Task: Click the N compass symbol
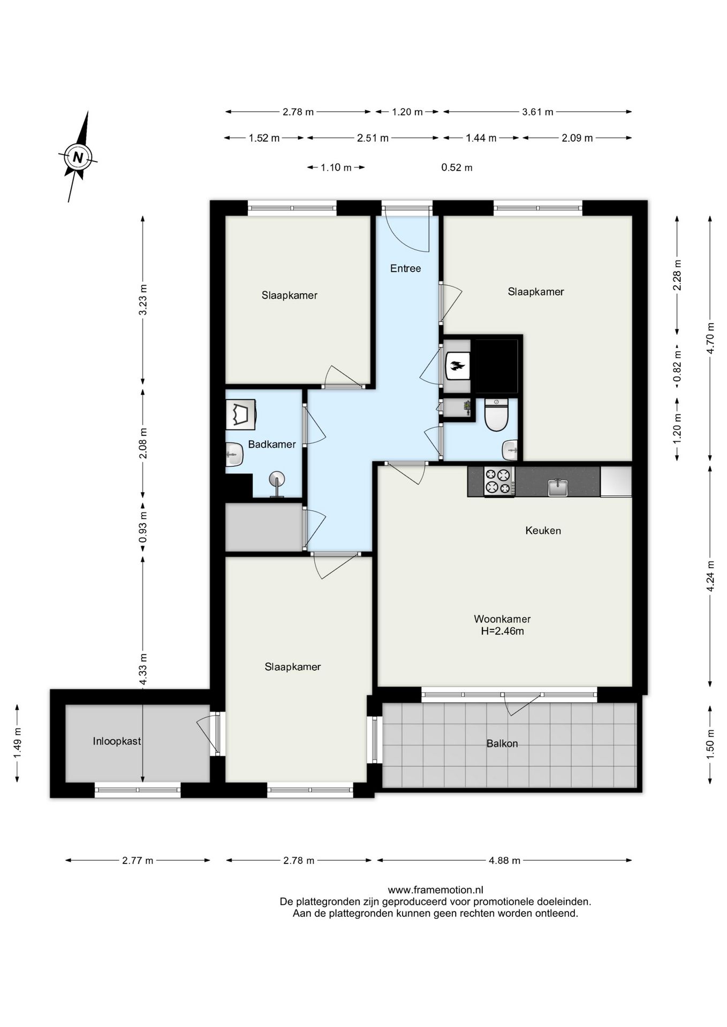point(78,157)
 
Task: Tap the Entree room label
point(405,269)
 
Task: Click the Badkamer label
point(272,444)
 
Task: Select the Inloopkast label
point(117,741)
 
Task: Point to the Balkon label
point(502,744)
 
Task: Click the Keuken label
point(543,531)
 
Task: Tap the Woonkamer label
point(502,619)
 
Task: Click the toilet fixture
point(496,415)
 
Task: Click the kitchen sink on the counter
point(558,487)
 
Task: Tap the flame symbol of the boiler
point(457,366)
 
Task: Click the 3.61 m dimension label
point(537,112)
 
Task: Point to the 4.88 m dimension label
point(504,861)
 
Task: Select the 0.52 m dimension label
point(457,167)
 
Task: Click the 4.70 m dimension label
point(710,338)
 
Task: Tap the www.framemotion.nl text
point(435,890)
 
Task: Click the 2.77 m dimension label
point(138,861)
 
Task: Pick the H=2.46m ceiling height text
point(502,631)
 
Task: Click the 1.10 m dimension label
point(336,167)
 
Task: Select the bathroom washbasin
point(234,455)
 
